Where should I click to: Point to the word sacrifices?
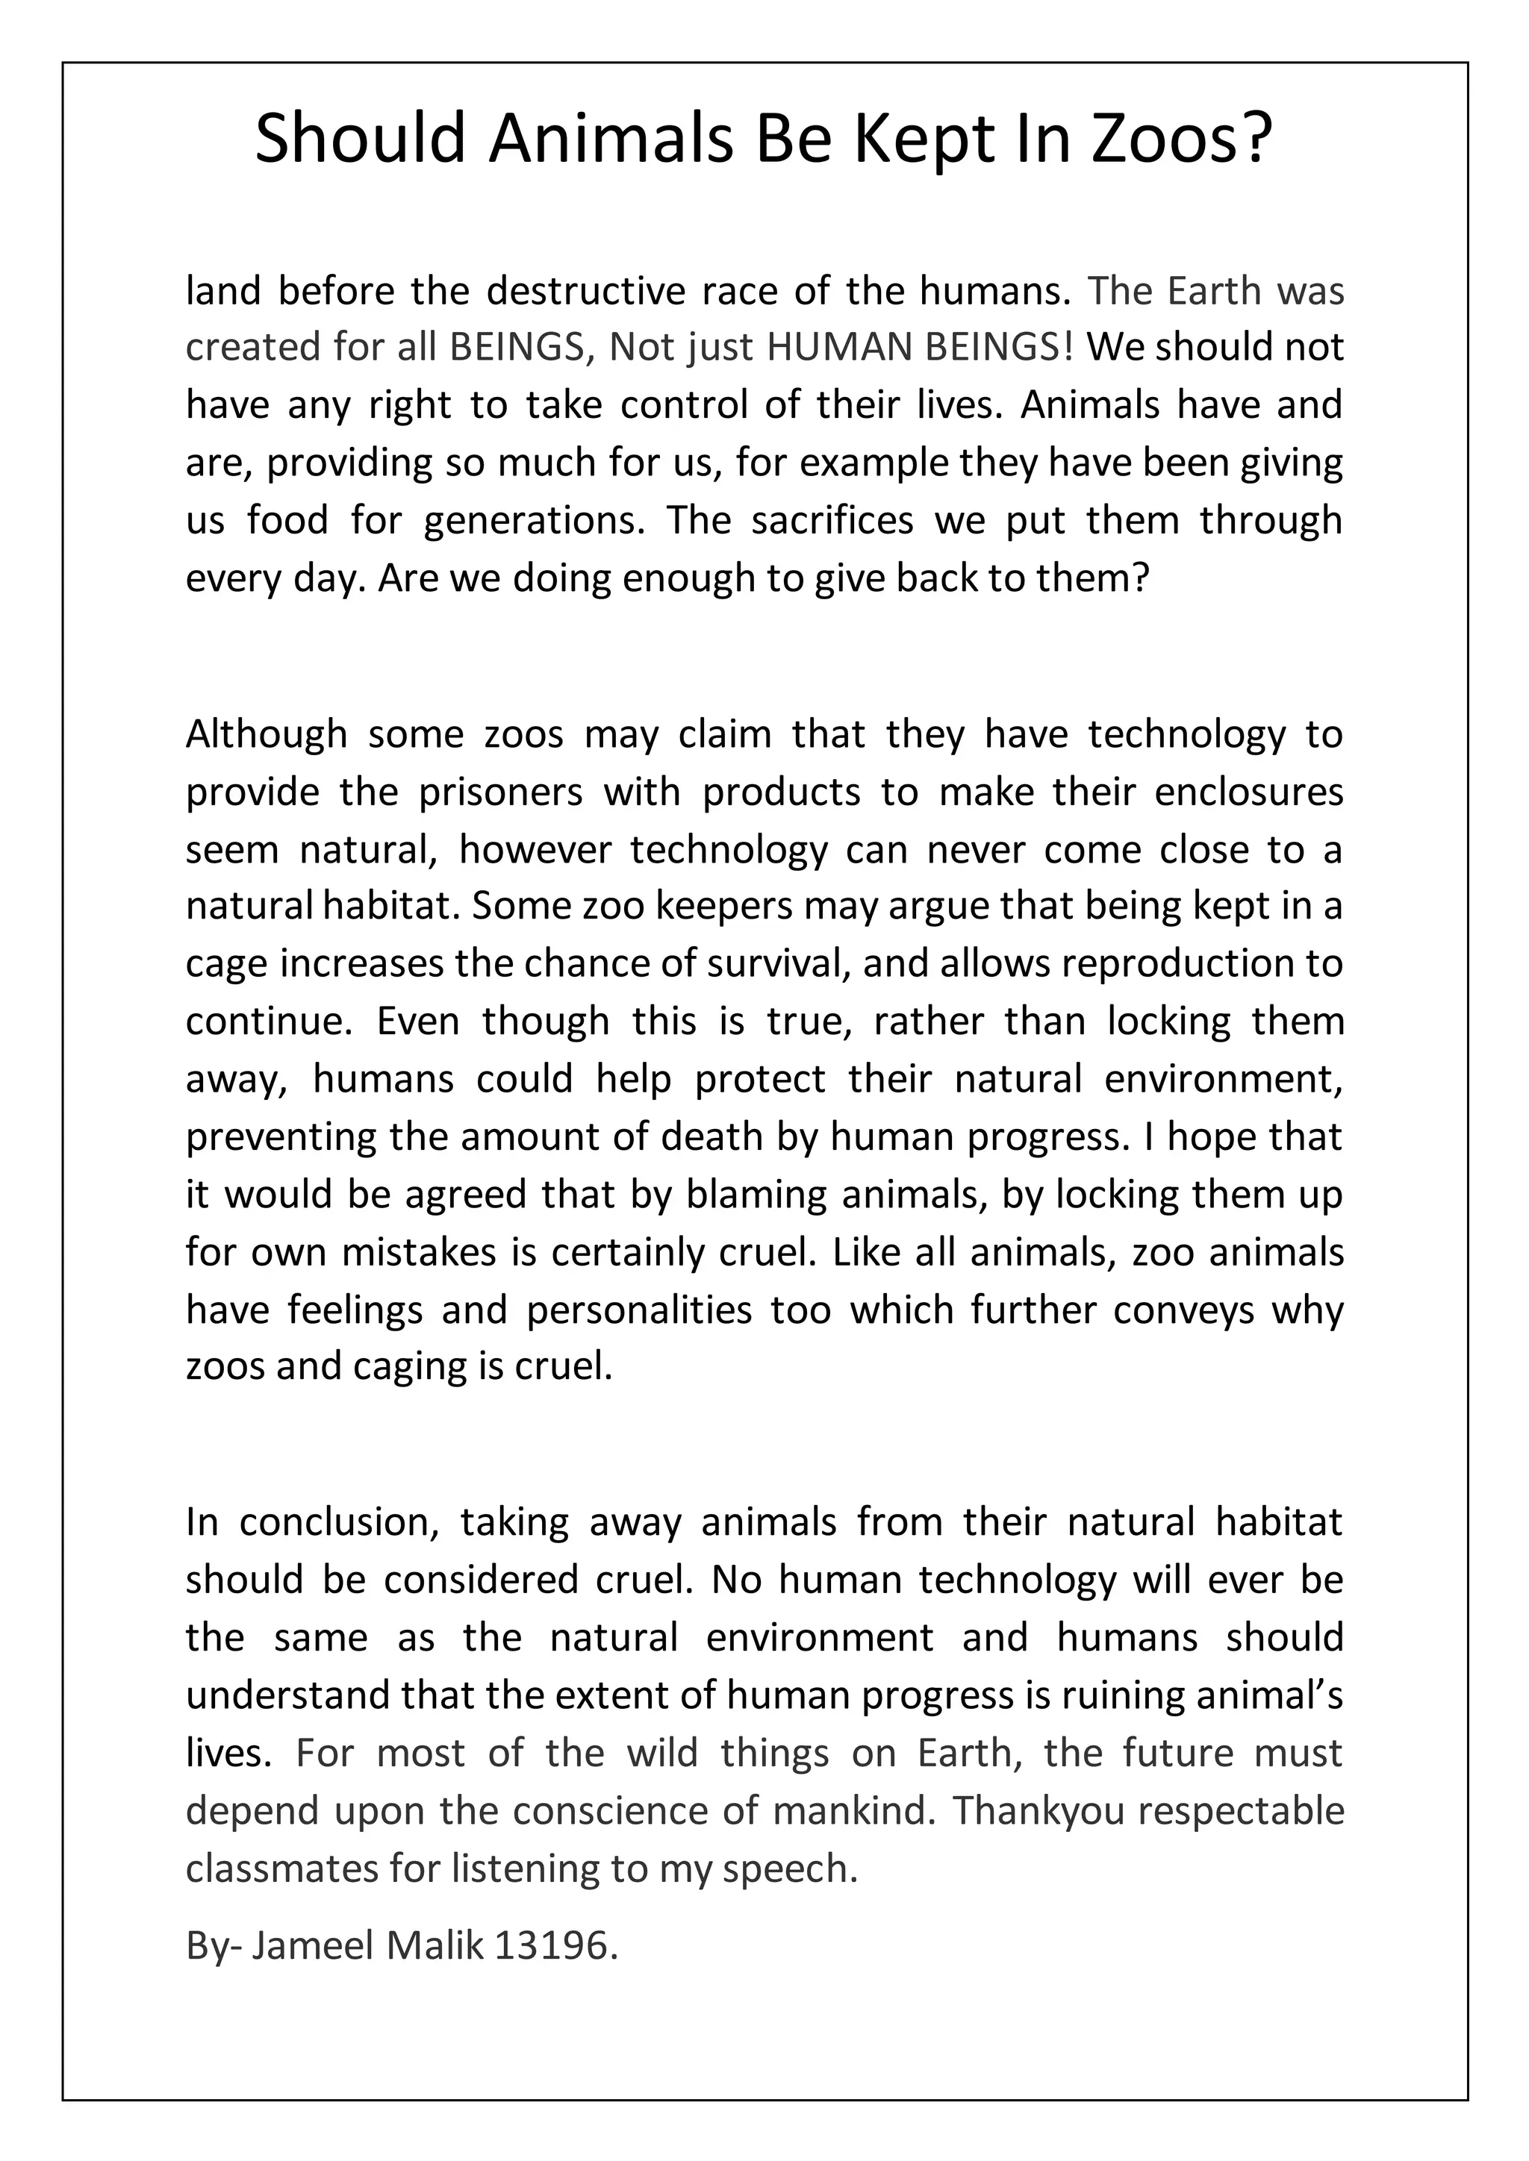832,521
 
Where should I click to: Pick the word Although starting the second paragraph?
267,734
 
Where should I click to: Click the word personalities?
639,1310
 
